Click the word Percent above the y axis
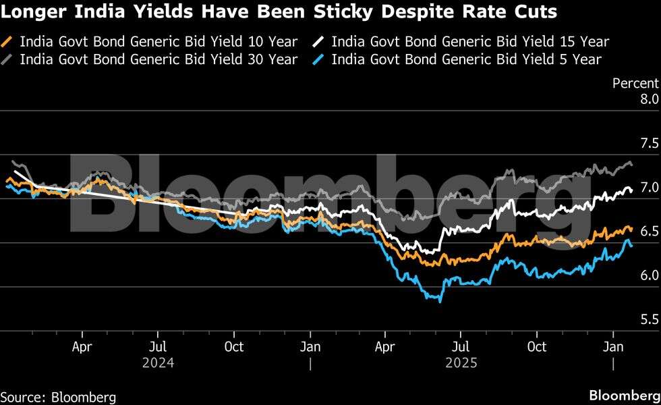635,83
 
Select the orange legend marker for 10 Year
9,42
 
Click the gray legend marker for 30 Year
9,59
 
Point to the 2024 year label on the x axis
159,362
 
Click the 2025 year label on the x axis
461,362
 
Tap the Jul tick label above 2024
158,347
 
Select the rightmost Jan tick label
612,347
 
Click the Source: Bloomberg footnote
58,396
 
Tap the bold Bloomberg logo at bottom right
623,395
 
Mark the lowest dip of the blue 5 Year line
440,301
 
